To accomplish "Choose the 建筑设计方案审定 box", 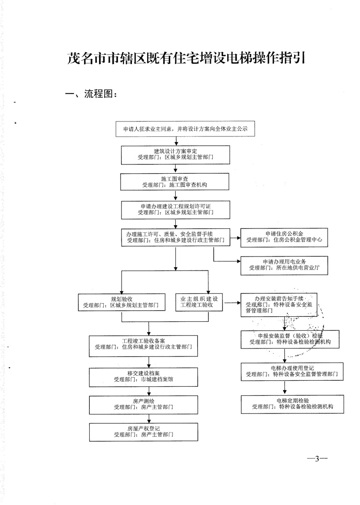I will pos(175,155).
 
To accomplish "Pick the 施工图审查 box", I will pos(175,182).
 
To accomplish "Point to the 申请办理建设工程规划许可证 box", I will pos(175,209).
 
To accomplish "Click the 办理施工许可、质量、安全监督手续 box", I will pos(175,237).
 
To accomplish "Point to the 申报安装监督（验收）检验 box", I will pos(290,339).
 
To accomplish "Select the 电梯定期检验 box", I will pos(292,404).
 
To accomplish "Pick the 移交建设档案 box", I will pos(144,376).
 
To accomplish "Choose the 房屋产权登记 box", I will pos(144,431).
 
